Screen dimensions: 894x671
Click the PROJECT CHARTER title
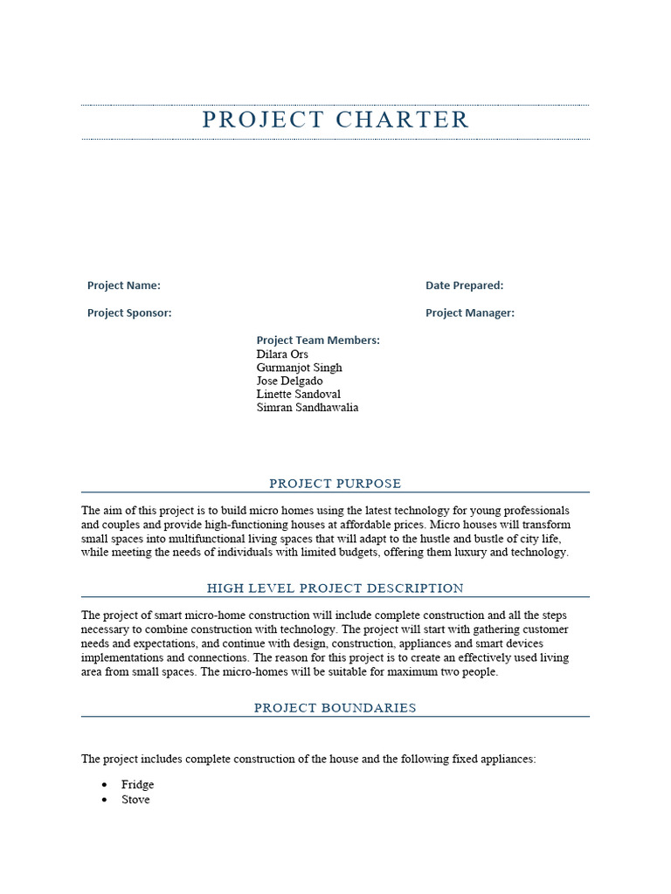pyautogui.click(x=335, y=120)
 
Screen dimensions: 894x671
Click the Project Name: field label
pyautogui.click(x=123, y=285)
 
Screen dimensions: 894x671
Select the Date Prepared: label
pyautogui.click(x=464, y=285)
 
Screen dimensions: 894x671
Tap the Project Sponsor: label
pyautogui.click(x=129, y=313)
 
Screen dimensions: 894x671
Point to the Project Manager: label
pyautogui.click(x=469, y=313)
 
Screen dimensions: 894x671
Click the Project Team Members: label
pyautogui.click(x=318, y=340)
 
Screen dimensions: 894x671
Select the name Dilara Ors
pyautogui.click(x=282, y=354)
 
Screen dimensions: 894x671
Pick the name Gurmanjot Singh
pyautogui.click(x=299, y=368)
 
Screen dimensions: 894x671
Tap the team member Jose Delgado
pyautogui.click(x=289, y=381)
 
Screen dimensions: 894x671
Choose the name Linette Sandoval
pyautogui.click(x=298, y=394)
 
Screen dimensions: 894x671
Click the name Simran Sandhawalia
pyautogui.click(x=307, y=407)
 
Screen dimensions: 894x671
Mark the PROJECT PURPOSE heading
pyautogui.click(x=335, y=484)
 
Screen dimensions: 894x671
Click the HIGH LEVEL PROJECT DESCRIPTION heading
pyautogui.click(x=335, y=588)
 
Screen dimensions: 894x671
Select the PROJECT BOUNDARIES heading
pyautogui.click(x=335, y=708)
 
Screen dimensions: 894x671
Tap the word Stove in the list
pyautogui.click(x=135, y=800)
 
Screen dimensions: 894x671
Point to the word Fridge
pyautogui.click(x=137, y=785)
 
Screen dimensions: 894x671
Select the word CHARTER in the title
pyautogui.click(x=403, y=120)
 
